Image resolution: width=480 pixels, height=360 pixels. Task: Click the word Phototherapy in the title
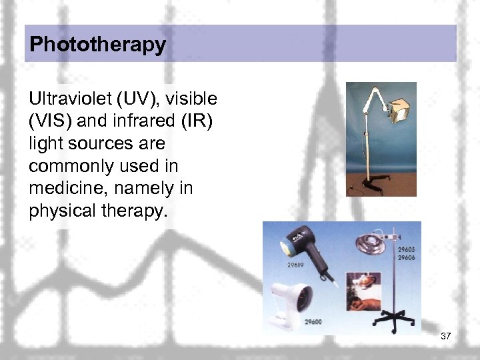pyautogui.click(x=97, y=45)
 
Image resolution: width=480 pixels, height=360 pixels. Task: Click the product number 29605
pyautogui.click(x=407, y=249)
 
